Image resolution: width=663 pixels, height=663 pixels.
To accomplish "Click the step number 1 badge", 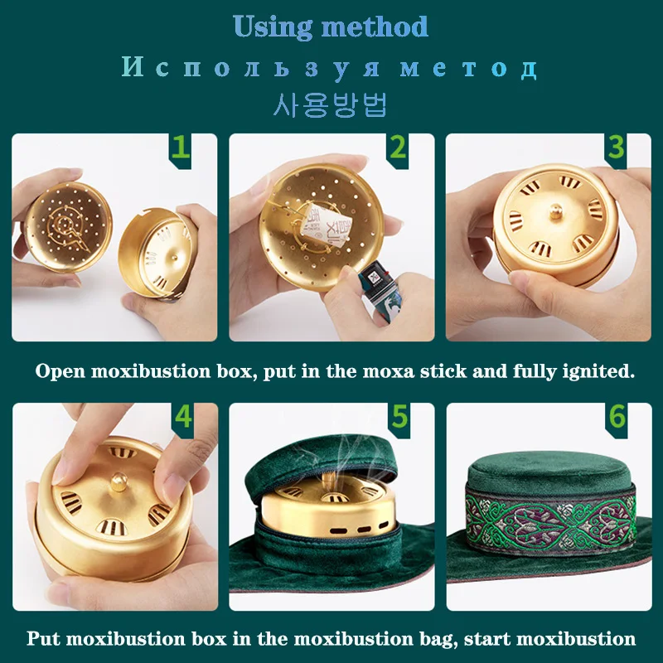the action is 181,149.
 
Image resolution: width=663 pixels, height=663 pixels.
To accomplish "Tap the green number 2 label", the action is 398,149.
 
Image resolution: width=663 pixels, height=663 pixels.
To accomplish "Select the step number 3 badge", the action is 615,149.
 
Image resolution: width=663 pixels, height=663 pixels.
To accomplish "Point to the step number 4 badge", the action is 182,418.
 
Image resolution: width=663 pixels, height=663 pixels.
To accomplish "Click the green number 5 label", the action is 399,418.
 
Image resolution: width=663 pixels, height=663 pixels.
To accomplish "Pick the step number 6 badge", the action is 617,418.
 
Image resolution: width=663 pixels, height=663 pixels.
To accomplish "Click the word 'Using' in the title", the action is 273,27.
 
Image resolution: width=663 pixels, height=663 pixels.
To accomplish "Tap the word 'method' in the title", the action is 375,27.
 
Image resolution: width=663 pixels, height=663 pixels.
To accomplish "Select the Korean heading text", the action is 331,104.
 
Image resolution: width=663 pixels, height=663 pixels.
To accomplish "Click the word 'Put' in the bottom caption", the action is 44,638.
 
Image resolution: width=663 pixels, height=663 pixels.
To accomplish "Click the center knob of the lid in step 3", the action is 555,211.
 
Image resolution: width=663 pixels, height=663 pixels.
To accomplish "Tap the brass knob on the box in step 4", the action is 119,481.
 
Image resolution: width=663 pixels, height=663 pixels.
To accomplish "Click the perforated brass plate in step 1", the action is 68,227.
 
